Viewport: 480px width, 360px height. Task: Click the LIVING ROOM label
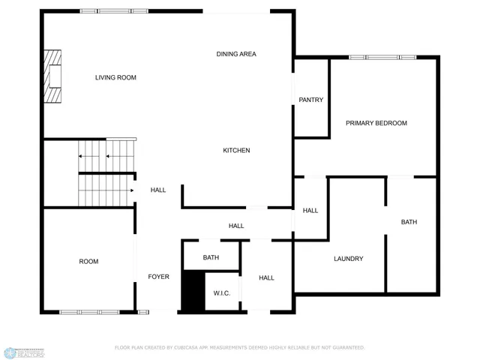click(x=115, y=77)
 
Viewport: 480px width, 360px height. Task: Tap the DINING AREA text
click(x=236, y=54)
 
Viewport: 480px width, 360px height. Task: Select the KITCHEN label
click(x=236, y=151)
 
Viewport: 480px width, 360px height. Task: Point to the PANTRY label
click(x=310, y=100)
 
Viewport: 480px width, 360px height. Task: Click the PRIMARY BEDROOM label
click(x=376, y=123)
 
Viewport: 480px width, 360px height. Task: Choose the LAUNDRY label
click(x=348, y=259)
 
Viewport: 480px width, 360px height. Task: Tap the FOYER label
click(x=158, y=277)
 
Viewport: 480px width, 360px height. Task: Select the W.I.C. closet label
click(x=221, y=293)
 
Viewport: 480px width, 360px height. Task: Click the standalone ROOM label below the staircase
click(x=88, y=262)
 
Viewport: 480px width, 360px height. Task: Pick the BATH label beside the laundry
click(x=409, y=222)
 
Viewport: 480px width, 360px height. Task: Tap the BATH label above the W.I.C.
click(x=211, y=258)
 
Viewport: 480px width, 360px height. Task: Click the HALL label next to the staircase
click(x=158, y=190)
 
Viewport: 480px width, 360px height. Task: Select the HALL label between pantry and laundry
click(x=310, y=211)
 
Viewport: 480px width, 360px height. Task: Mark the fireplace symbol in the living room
click(x=52, y=76)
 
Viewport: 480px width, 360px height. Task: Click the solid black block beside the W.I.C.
click(x=193, y=291)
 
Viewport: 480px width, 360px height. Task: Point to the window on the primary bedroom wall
click(x=382, y=57)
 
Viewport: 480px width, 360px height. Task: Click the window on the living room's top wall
click(x=114, y=11)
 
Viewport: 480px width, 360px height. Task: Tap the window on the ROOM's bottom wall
click(x=89, y=311)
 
